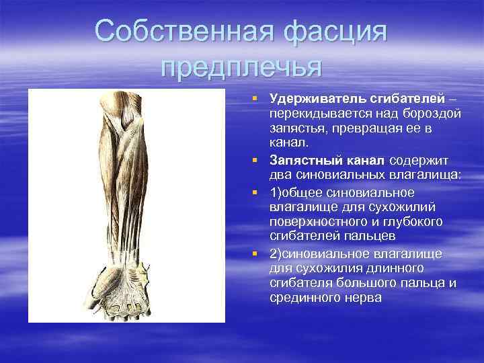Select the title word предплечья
pyautogui.click(x=242, y=67)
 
